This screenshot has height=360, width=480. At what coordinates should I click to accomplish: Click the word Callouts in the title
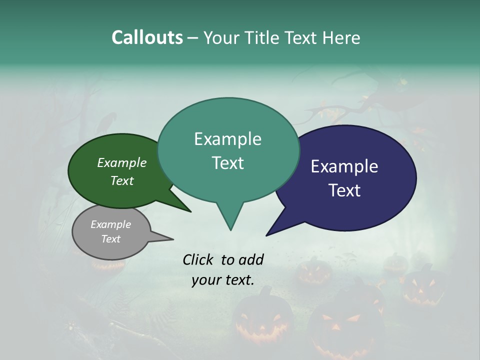coord(147,37)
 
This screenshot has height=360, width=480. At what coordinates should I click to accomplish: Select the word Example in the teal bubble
coord(227,139)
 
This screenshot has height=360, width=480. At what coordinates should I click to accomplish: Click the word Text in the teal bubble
coord(227,163)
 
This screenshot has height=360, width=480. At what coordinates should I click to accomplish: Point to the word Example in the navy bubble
coord(344,166)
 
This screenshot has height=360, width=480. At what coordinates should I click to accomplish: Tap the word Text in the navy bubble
coord(344,190)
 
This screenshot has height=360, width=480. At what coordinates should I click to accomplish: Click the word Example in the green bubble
coord(121,162)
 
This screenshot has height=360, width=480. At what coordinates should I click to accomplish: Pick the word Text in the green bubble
coord(121,180)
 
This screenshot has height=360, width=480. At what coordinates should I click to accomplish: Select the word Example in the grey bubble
coord(110,224)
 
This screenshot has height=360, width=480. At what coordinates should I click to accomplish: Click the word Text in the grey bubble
coord(110,239)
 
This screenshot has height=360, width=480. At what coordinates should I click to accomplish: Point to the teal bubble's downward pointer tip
coord(230,230)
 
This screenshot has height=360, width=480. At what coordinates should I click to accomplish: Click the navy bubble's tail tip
coord(266,235)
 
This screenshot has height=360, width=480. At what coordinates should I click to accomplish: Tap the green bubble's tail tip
coord(190,211)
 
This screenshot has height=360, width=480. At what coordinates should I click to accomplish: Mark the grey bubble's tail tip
coord(173,239)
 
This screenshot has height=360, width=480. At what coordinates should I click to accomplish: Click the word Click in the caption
coord(198,259)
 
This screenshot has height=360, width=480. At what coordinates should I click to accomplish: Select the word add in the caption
coord(251,259)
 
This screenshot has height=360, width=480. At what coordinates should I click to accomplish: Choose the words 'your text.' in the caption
coord(223,280)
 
